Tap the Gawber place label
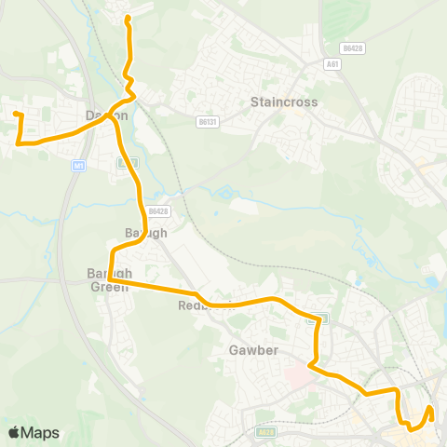pyautogui.click(x=249, y=351)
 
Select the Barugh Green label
pyautogui.click(x=109, y=279)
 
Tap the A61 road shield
pyautogui.click(x=333, y=63)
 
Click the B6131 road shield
pyautogui.click(x=207, y=121)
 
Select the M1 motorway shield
pyautogui.click(x=79, y=165)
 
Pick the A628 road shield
pyautogui.click(x=267, y=432)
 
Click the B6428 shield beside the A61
pyautogui.click(x=350, y=46)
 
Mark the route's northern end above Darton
pyautogui.click(x=127, y=18)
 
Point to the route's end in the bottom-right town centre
pyautogui.click(x=430, y=407)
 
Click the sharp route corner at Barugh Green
pyautogui.click(x=109, y=278)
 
